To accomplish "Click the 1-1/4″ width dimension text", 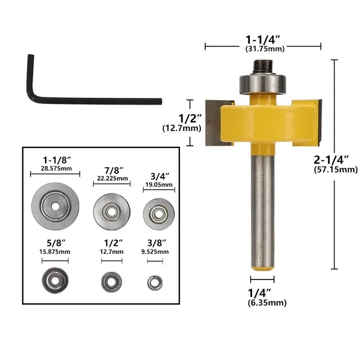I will [x=263, y=40].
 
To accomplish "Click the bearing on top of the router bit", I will [x=262, y=83].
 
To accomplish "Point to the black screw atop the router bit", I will [x=263, y=66].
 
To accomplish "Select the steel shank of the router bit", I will [x=262, y=214].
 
